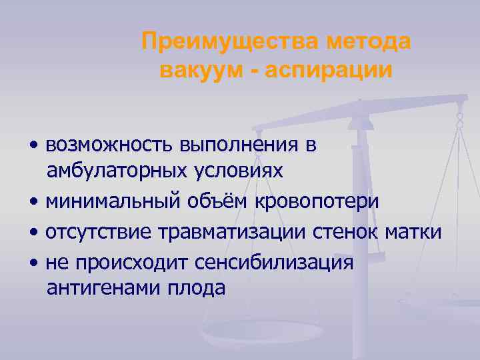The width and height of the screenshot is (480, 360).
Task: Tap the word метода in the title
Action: point(369,43)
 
